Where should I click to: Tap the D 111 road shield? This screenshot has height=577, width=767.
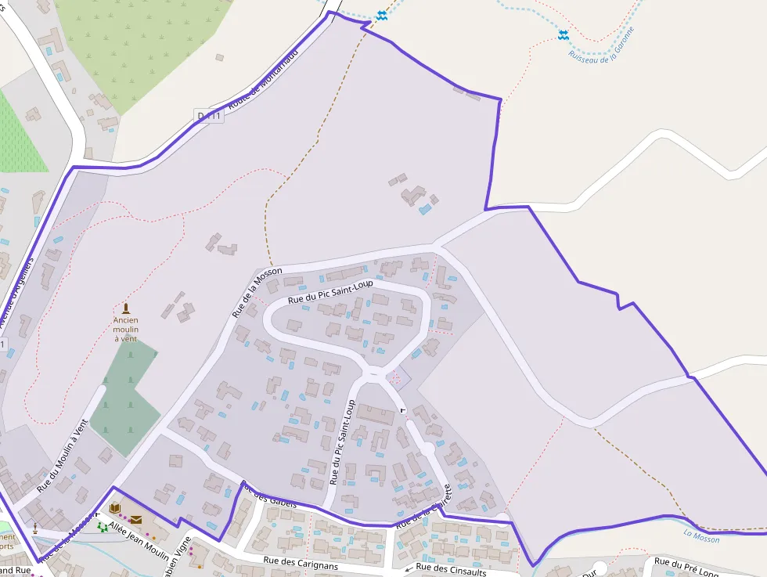209,116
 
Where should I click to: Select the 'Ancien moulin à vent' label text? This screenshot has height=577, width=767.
125,329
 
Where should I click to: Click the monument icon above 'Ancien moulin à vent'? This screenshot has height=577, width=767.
126,308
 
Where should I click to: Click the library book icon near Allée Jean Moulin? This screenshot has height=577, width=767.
115,507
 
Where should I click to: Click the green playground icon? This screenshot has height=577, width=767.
103,527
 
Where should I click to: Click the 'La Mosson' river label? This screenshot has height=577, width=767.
700,537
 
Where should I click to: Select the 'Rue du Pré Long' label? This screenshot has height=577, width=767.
686,567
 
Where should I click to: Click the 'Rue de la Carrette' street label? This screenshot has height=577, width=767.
424,506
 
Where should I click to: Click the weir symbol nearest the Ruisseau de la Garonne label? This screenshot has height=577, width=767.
563,34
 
